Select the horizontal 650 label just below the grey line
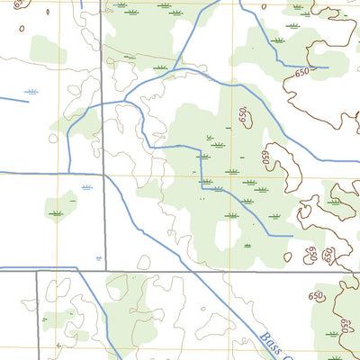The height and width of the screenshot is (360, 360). tap(316, 296)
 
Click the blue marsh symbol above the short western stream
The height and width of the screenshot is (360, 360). tap(32, 93)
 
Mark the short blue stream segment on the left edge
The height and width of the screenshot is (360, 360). tap(14, 98)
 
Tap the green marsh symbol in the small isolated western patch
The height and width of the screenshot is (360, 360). tap(57, 213)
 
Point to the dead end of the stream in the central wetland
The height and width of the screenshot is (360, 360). tap(292, 236)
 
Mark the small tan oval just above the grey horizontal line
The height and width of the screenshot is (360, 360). tap(143, 263)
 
